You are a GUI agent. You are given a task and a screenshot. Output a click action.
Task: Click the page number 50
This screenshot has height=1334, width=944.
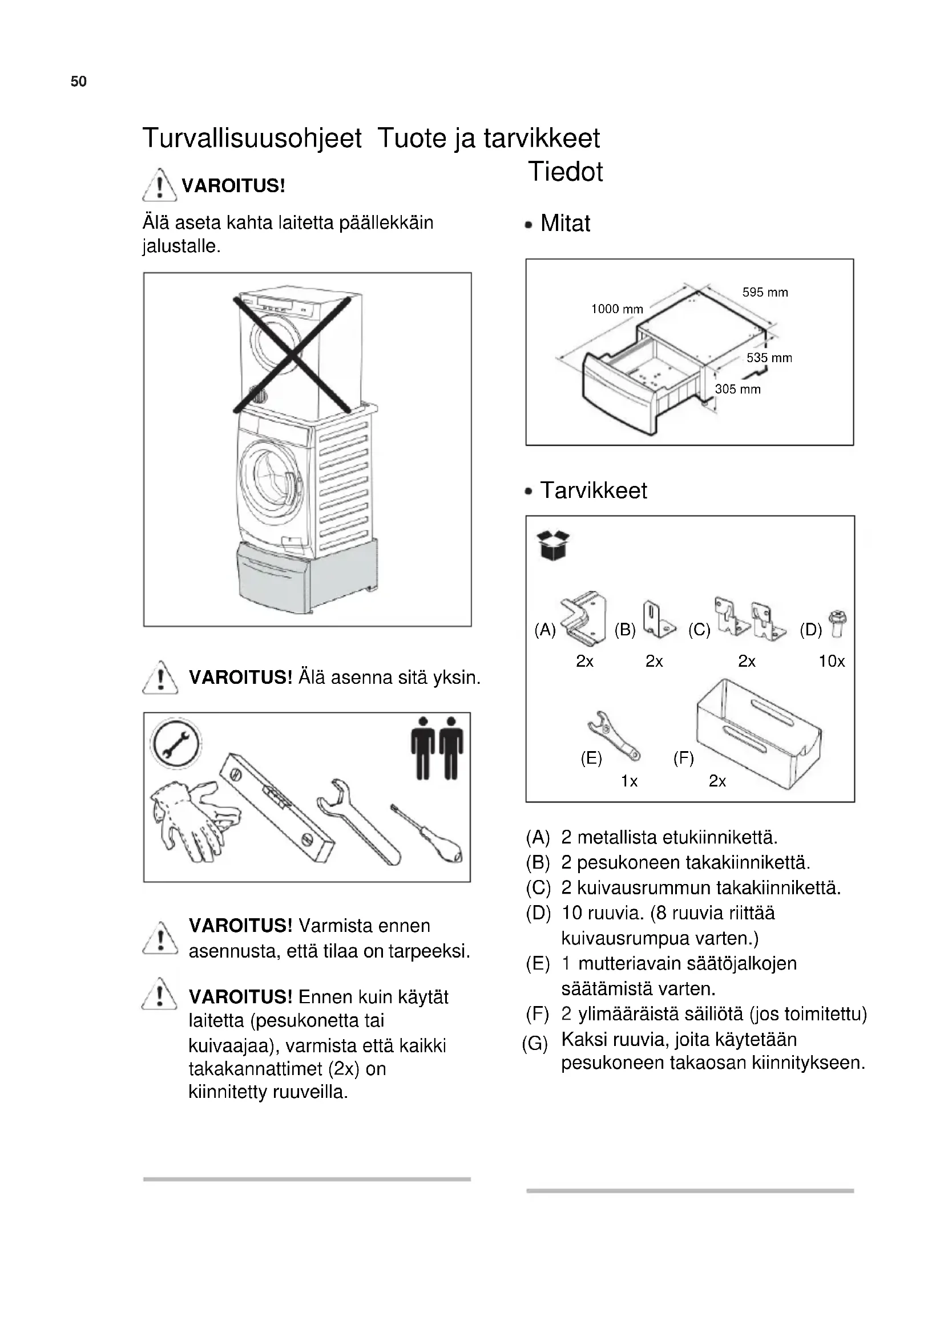(x=78, y=82)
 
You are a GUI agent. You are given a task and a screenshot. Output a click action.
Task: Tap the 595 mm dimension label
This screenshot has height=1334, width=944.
(x=764, y=292)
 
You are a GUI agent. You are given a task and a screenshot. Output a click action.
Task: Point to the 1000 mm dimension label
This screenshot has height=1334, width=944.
(x=617, y=309)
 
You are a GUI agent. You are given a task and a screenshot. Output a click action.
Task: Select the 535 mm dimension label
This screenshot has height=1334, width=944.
(x=769, y=358)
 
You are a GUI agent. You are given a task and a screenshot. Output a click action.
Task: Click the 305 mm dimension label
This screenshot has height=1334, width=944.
(x=737, y=390)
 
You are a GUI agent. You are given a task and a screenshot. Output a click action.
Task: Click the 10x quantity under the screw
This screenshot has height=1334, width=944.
(x=831, y=661)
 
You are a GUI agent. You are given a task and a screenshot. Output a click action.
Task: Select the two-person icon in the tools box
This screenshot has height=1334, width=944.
(x=437, y=748)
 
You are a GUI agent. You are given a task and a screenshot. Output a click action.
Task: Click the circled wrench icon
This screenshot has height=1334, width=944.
(x=175, y=744)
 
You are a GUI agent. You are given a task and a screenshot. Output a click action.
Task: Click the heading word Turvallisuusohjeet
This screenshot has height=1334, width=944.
(x=252, y=138)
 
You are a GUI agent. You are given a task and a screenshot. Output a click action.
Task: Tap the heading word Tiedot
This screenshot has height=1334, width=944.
(x=565, y=172)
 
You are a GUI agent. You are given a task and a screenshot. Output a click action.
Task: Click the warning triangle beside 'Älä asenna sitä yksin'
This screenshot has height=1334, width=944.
(x=160, y=678)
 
